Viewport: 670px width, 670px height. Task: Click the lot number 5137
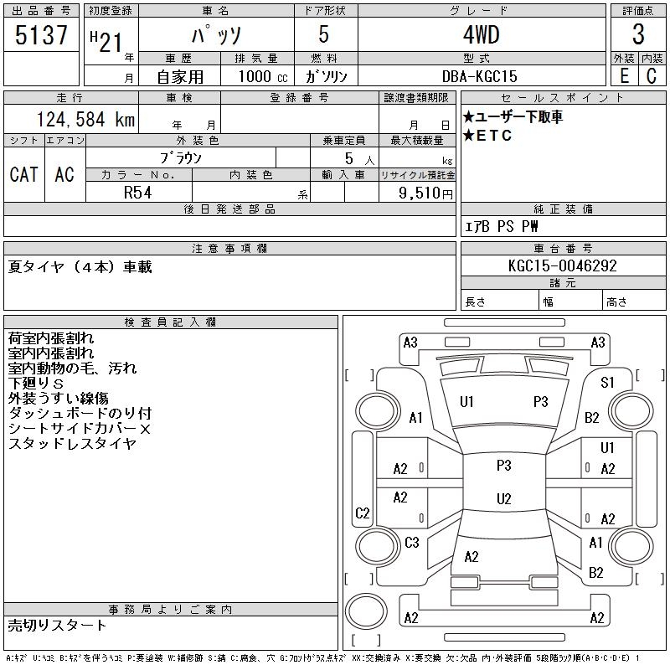41,36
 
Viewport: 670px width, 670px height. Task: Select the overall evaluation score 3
638,35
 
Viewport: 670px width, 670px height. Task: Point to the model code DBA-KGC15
481,75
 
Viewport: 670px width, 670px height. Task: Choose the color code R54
138,193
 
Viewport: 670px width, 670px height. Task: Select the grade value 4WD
481,36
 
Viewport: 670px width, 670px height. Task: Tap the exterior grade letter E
623,75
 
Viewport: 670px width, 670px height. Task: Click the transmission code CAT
23,174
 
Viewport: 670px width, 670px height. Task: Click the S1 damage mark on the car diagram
608,383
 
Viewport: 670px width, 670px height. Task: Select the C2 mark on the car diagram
362,513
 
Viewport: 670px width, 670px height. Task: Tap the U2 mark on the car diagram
503,499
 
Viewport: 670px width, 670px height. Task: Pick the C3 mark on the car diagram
411,543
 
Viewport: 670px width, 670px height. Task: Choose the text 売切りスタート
57,625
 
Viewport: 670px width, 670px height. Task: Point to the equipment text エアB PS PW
502,226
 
